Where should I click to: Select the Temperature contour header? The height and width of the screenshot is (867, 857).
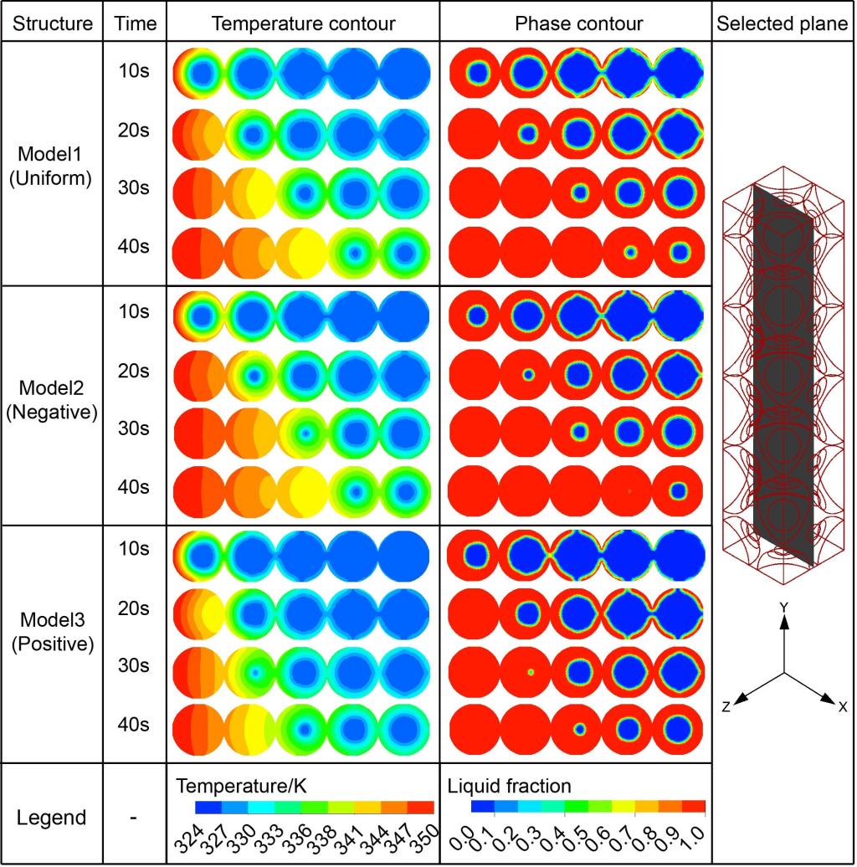point(303,23)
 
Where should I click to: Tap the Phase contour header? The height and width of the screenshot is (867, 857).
point(578,23)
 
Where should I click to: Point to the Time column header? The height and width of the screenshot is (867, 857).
point(135,23)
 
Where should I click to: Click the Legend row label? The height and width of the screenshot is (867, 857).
point(52,817)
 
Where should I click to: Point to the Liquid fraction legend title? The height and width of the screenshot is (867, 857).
point(510,787)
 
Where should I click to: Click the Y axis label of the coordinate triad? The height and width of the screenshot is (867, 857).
point(783,606)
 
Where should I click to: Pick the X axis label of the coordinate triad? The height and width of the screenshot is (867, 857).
point(842,707)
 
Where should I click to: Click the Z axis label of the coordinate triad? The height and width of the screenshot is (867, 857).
point(726,707)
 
